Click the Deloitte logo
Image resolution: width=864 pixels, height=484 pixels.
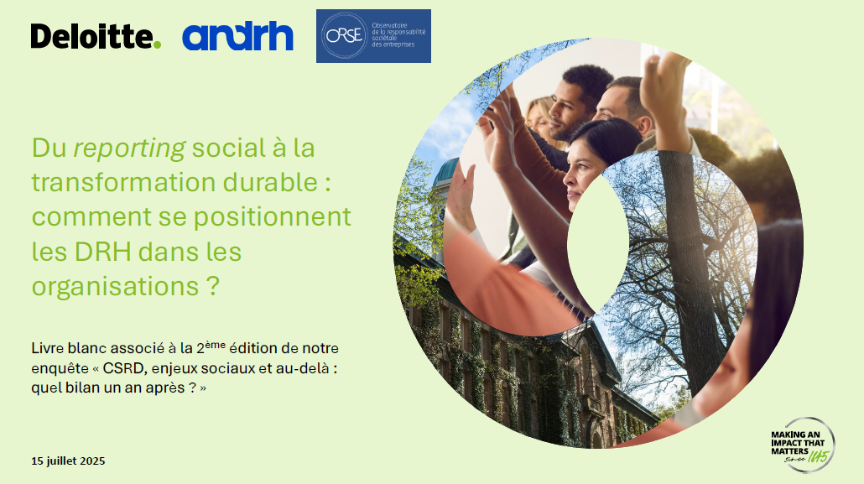point(94,37)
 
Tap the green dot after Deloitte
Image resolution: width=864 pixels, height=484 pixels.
point(157,44)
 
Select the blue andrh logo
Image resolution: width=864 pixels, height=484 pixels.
point(237,37)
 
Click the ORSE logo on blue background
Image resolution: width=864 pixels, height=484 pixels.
point(373,36)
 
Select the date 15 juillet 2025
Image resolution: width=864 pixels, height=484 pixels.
point(68,461)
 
